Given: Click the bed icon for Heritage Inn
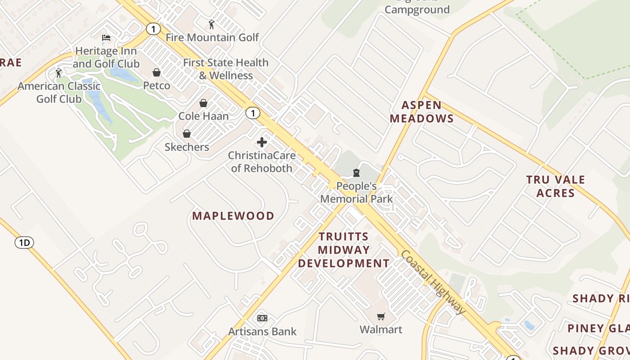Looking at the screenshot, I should pos(106,37).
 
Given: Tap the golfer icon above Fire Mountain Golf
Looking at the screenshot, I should pos(211,24).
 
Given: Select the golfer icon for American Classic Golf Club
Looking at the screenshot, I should pos(58,72).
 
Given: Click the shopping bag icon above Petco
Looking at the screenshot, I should pos(157,72).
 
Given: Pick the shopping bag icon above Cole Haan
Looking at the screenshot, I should pos(203,103).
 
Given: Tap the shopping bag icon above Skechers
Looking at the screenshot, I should pos(187,134).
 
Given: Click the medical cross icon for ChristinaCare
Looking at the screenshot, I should pos(262,143).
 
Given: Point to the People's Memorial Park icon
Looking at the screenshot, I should pos(356,173).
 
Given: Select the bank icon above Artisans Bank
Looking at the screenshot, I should pos(262,318).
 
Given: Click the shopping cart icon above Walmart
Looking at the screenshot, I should pos(381,316).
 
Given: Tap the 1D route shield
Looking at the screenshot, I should pos(24,243).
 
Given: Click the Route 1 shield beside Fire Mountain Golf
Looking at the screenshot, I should pos(153,29).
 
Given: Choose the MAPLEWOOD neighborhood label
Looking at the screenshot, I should pos(233,216).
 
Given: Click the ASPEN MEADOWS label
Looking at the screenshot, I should pos(422,112).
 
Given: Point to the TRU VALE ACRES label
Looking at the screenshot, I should pos(556,186).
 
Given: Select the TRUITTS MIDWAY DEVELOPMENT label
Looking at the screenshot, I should pos(344,250).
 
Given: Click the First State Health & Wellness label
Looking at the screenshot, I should pos(226,69).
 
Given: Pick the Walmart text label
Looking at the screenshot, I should pos(381,329).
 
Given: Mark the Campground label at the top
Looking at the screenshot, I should pos(417,9).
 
